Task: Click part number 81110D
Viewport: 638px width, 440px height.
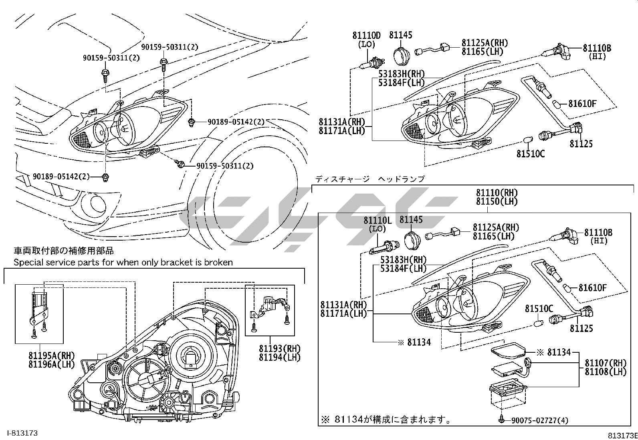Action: click(366, 35)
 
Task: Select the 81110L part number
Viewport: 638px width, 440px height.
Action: click(377, 220)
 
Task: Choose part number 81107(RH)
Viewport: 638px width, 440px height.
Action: click(605, 363)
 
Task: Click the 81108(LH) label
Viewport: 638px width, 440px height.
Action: click(605, 372)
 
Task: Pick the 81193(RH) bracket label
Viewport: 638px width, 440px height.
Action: click(279, 348)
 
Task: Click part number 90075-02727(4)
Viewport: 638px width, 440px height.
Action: click(539, 420)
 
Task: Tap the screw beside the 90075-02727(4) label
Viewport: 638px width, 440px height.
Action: click(502, 419)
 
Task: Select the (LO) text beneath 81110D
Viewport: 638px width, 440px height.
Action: click(366, 44)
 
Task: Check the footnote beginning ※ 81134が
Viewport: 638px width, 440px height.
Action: click(385, 420)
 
